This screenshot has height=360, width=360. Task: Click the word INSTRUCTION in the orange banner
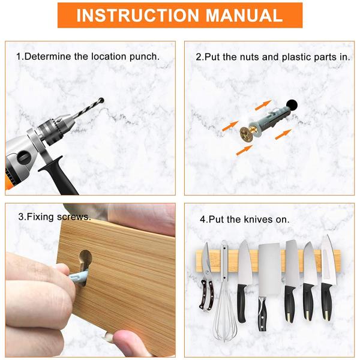coord(137,16)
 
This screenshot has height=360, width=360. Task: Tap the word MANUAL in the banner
coord(244,16)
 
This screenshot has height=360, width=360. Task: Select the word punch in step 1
coord(145,57)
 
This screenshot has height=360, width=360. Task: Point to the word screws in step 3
coord(74,217)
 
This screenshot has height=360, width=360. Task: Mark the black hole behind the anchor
coord(292,106)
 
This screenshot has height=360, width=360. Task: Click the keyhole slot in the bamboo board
coord(85,261)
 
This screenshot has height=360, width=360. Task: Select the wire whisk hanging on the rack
coord(224,292)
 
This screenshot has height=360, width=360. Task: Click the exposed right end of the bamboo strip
coord(337,261)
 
